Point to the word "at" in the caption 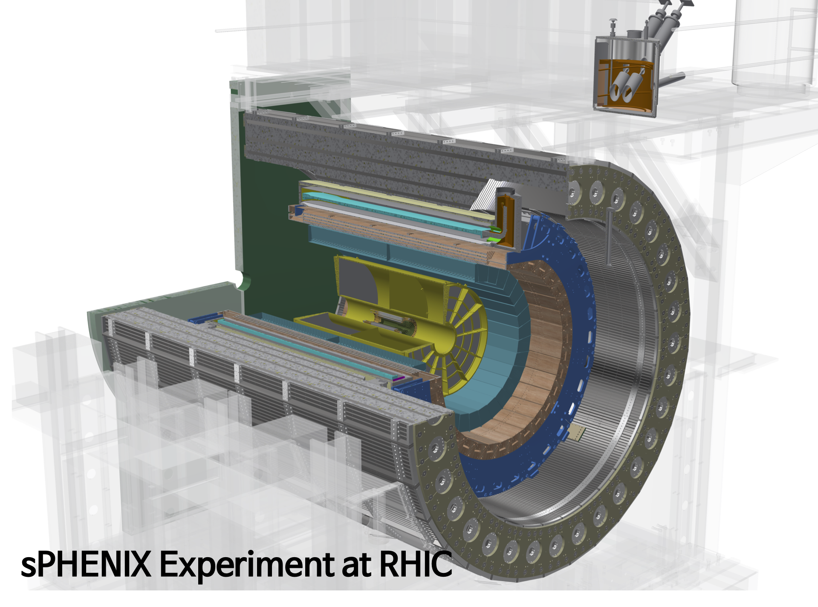click(357, 565)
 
